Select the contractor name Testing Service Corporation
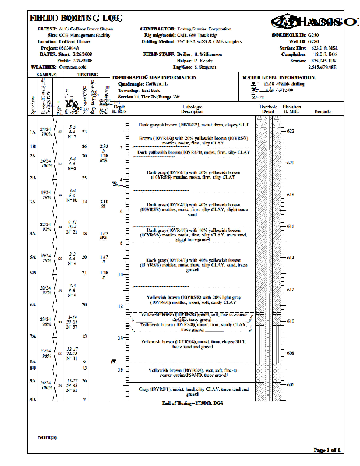click(x=204, y=29)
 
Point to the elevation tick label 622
click(x=291, y=132)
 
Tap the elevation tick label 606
click(x=291, y=384)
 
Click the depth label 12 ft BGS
click(x=120, y=306)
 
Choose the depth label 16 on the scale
click(x=120, y=369)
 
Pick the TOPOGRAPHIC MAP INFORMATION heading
click(x=155, y=77)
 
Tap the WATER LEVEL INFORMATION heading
click(x=279, y=77)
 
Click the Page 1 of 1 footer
click(x=328, y=450)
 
